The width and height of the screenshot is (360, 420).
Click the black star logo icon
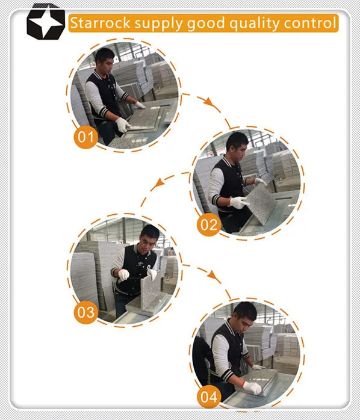45,22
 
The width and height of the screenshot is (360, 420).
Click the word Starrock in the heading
100,23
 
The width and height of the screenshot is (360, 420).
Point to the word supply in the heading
159,25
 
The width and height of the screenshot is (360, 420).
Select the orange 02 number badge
208,226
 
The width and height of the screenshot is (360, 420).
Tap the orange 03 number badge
85,312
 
